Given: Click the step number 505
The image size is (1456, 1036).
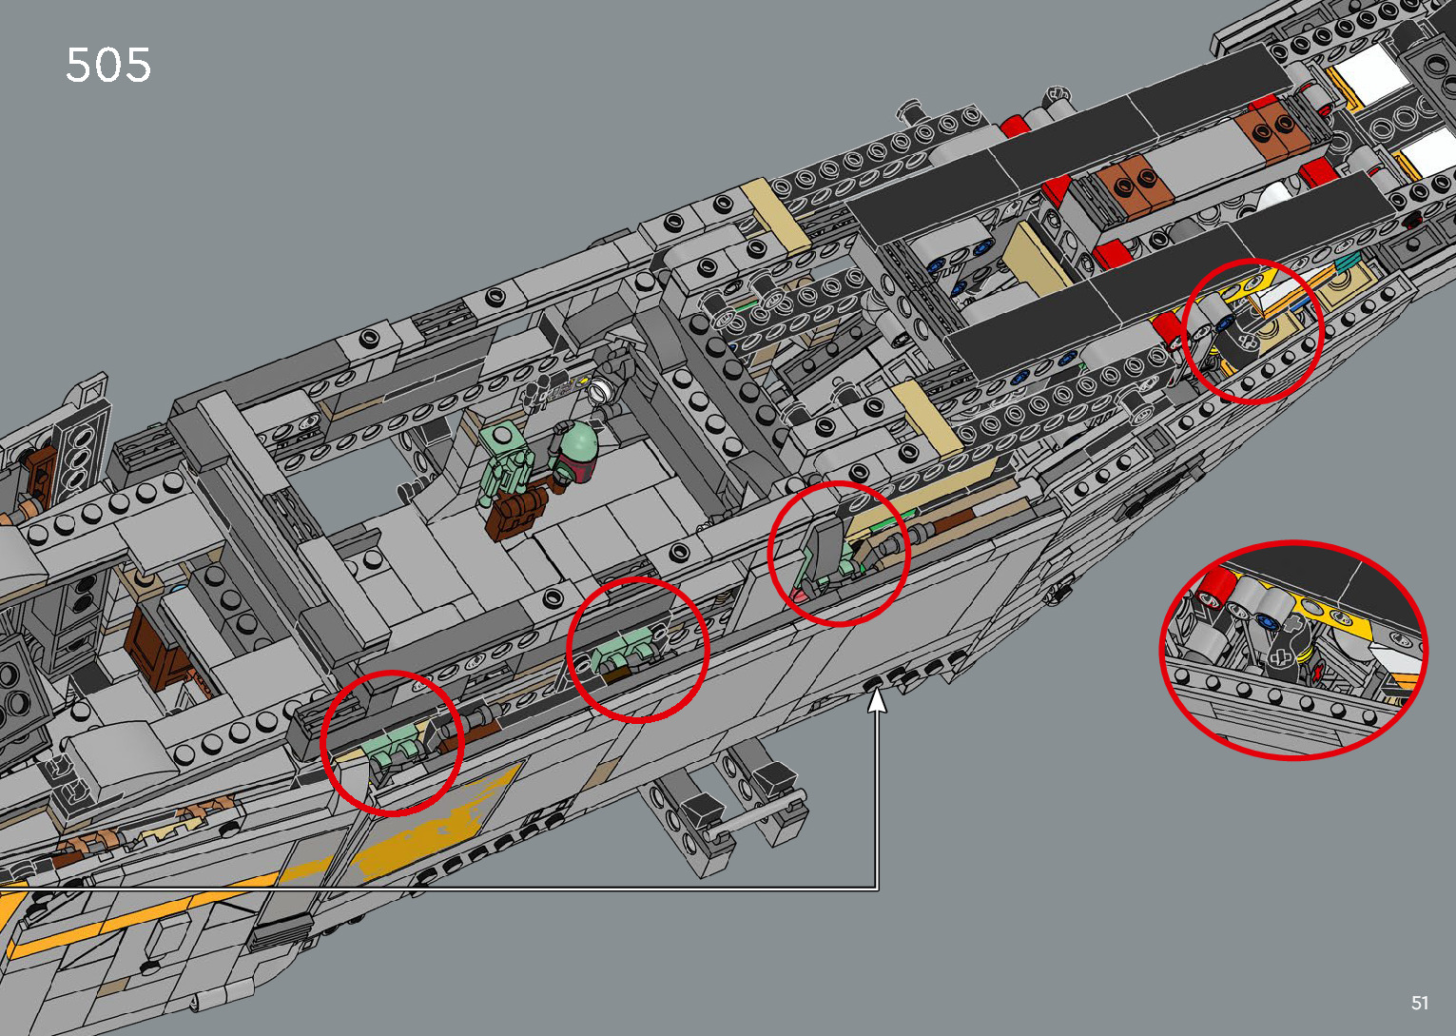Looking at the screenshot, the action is click(x=108, y=66).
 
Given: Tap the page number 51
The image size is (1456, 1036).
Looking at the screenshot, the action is click(x=1420, y=1003).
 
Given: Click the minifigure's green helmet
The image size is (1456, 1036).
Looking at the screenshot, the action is click(x=577, y=445).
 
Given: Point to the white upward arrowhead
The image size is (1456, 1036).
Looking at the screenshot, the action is click(x=877, y=701).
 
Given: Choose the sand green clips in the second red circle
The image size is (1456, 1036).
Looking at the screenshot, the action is click(x=626, y=655).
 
